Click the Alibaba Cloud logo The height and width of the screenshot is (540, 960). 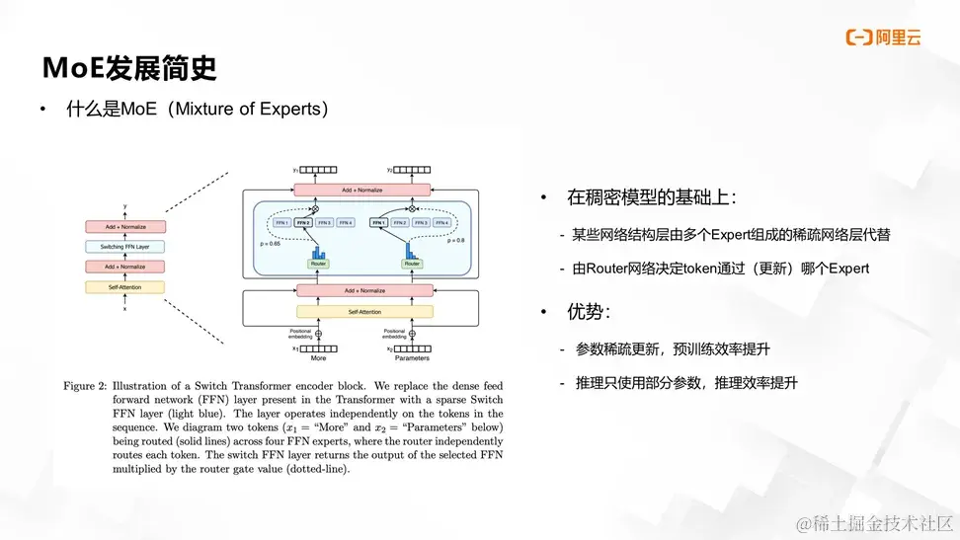(x=882, y=38)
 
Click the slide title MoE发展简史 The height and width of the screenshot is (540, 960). (x=128, y=68)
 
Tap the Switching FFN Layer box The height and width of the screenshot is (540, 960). (x=124, y=246)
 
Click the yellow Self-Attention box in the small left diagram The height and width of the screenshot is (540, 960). (x=124, y=287)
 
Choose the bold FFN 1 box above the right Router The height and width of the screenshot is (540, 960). (x=378, y=223)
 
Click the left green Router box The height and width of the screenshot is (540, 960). (x=318, y=264)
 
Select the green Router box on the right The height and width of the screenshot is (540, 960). (x=412, y=264)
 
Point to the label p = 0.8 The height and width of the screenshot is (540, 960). (x=455, y=240)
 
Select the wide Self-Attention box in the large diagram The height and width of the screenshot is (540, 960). (x=364, y=312)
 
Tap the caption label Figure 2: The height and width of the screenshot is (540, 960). (x=84, y=386)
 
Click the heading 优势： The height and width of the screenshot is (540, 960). (x=589, y=312)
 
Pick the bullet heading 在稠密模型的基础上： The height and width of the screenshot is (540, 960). (x=649, y=197)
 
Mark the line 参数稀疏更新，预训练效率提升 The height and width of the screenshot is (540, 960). (x=673, y=348)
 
